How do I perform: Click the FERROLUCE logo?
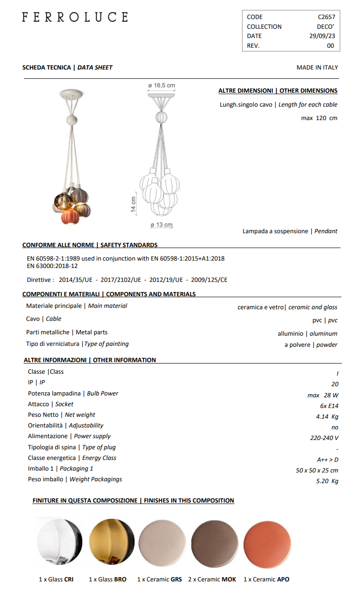tap(75, 18)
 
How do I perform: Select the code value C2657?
tap(326, 17)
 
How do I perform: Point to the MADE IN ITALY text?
tap(317, 68)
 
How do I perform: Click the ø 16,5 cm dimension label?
tap(162, 86)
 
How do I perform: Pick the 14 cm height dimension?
tap(134, 204)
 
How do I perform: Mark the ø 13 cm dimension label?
tap(161, 225)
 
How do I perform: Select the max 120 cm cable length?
tap(319, 118)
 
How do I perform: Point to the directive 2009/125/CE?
tap(209, 280)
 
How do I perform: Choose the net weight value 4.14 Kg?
tap(327, 417)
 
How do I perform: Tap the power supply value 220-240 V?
tap(324, 438)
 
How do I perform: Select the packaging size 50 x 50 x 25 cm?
tap(317, 471)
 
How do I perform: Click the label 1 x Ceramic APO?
tap(266, 580)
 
